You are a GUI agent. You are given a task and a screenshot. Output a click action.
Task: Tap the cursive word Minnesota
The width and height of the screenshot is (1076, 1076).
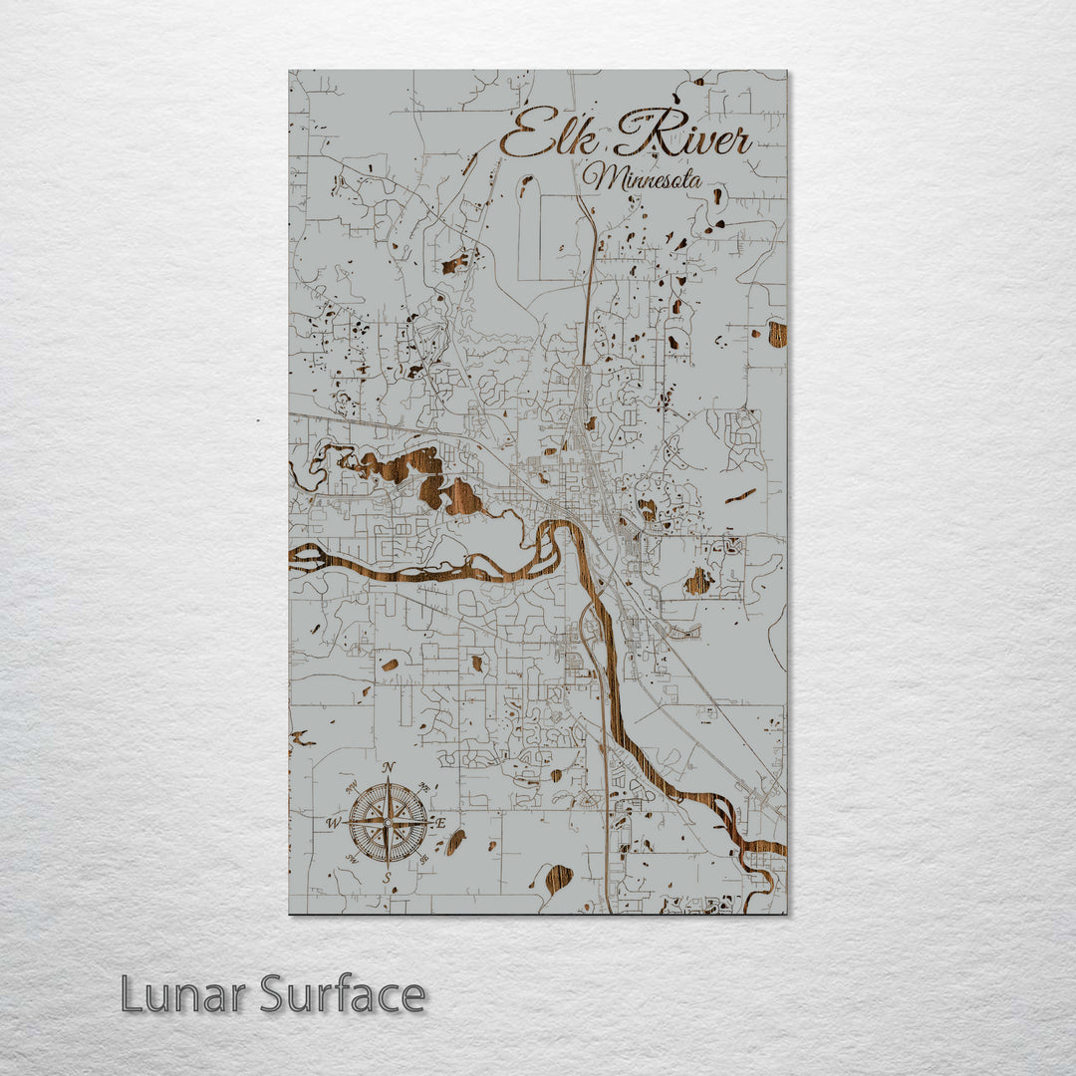click(x=643, y=179)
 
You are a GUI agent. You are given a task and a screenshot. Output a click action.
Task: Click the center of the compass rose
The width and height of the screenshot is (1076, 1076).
click(x=388, y=823)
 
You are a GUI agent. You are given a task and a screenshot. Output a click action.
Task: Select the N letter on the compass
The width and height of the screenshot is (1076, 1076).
click(x=389, y=766)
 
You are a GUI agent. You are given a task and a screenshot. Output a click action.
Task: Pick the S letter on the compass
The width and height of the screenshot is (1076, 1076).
click(x=388, y=877)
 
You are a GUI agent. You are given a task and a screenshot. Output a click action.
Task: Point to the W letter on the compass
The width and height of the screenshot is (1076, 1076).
click(x=333, y=823)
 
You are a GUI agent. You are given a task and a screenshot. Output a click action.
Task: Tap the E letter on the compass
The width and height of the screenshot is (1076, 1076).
click(x=440, y=823)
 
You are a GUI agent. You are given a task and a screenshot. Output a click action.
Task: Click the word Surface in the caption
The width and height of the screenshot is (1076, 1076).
click(x=343, y=994)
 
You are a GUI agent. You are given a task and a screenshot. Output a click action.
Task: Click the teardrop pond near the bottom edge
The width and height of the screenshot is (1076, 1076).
click(x=558, y=878)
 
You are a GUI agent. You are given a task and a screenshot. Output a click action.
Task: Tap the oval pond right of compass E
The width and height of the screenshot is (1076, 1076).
click(x=455, y=842)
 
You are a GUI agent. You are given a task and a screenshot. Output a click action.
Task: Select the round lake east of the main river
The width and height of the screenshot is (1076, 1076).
click(x=698, y=581)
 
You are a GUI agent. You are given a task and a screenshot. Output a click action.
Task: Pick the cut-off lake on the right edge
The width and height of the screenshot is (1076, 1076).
click(x=777, y=334)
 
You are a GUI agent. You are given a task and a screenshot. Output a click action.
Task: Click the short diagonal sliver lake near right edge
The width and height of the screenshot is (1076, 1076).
click(x=740, y=495)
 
